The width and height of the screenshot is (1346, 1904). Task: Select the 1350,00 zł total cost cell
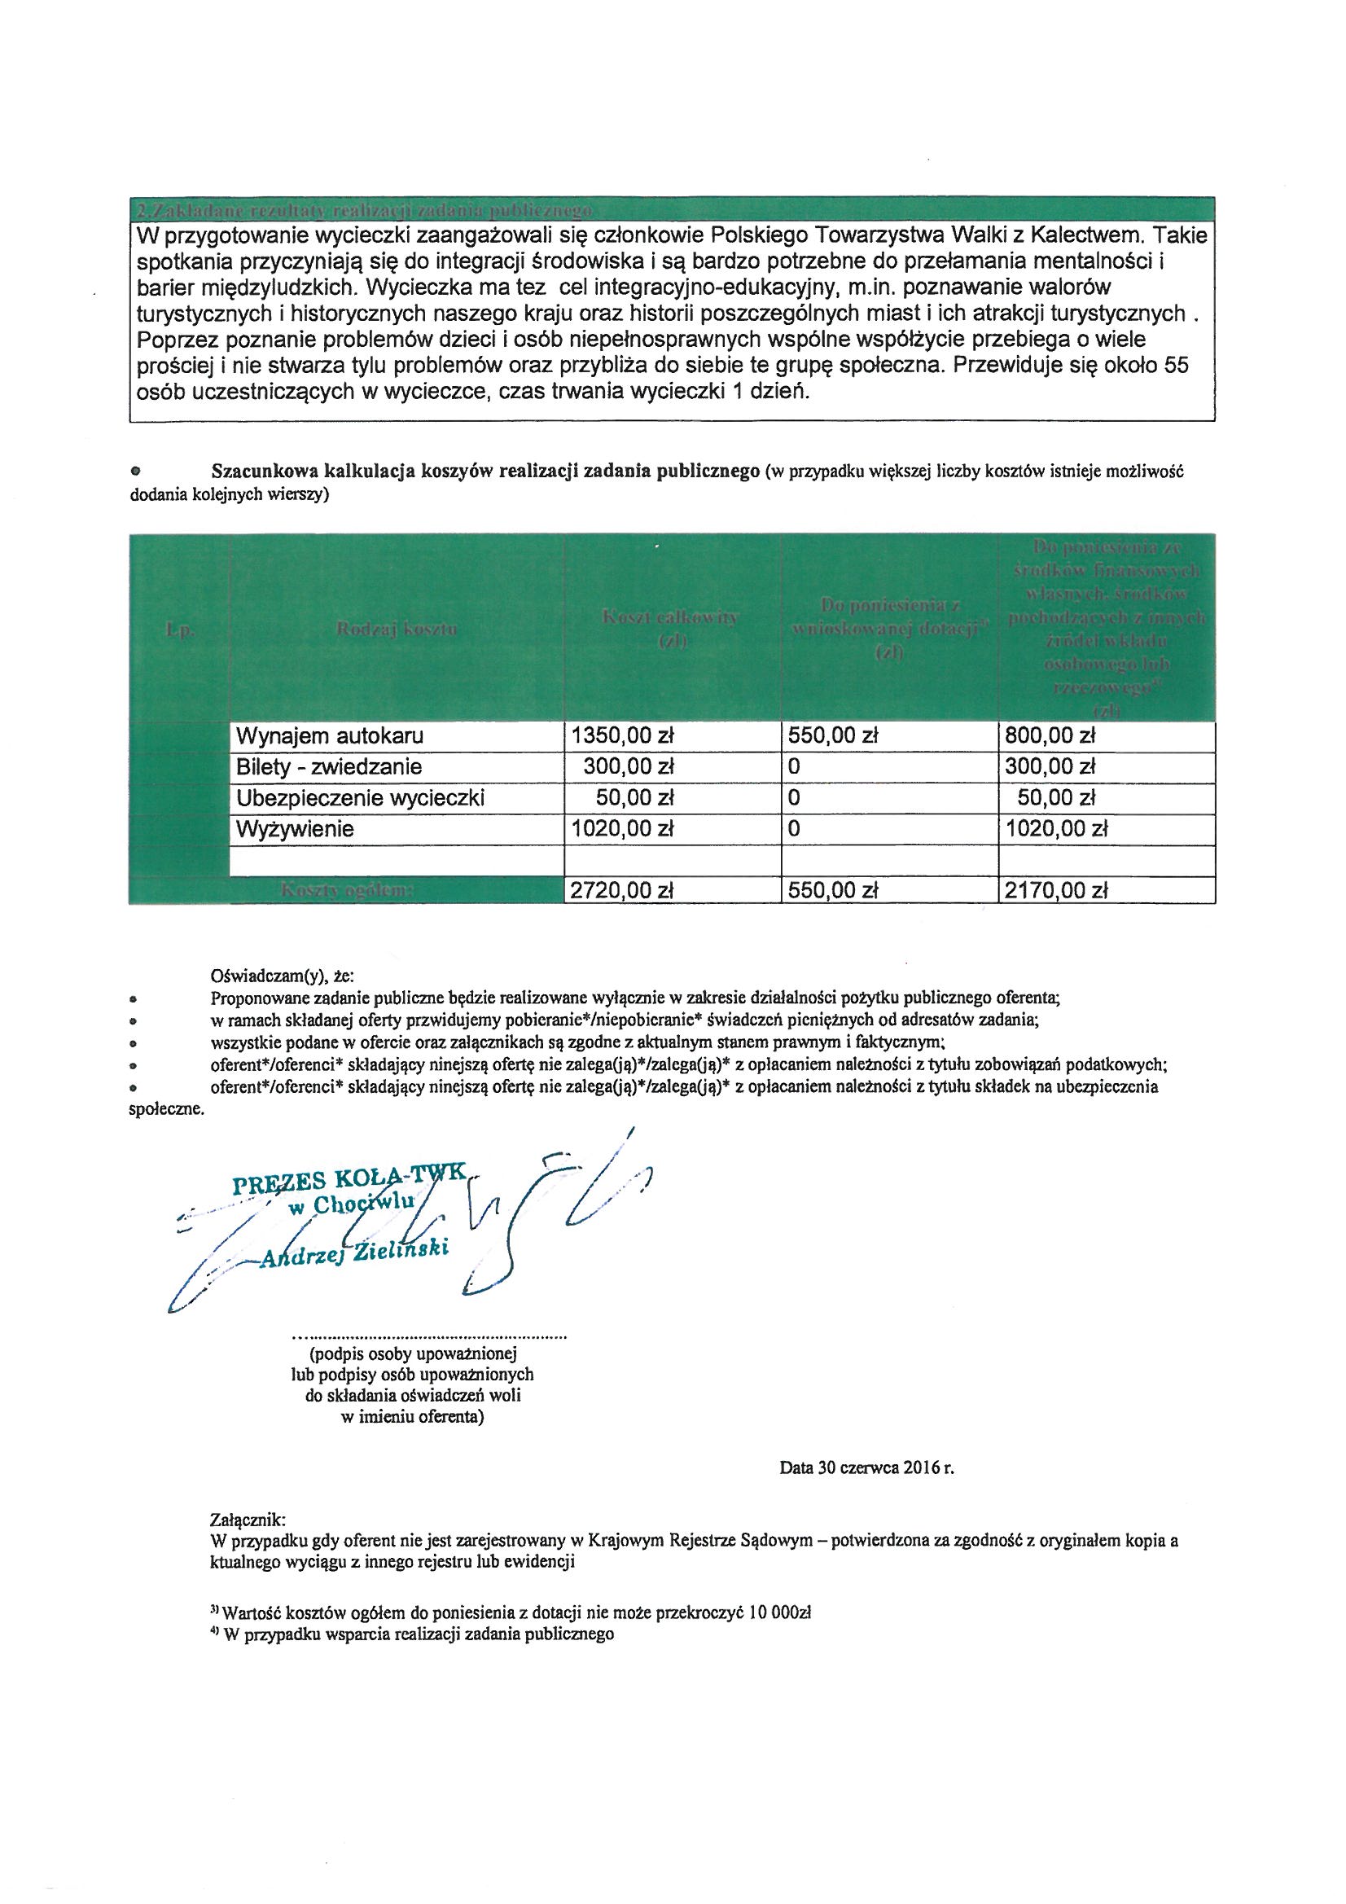point(621,735)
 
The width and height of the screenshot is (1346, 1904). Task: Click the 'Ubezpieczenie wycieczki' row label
point(360,798)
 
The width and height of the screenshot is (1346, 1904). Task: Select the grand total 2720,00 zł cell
point(621,891)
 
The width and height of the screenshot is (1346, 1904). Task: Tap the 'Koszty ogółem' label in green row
point(347,891)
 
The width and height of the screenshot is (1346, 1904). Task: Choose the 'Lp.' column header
point(179,630)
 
